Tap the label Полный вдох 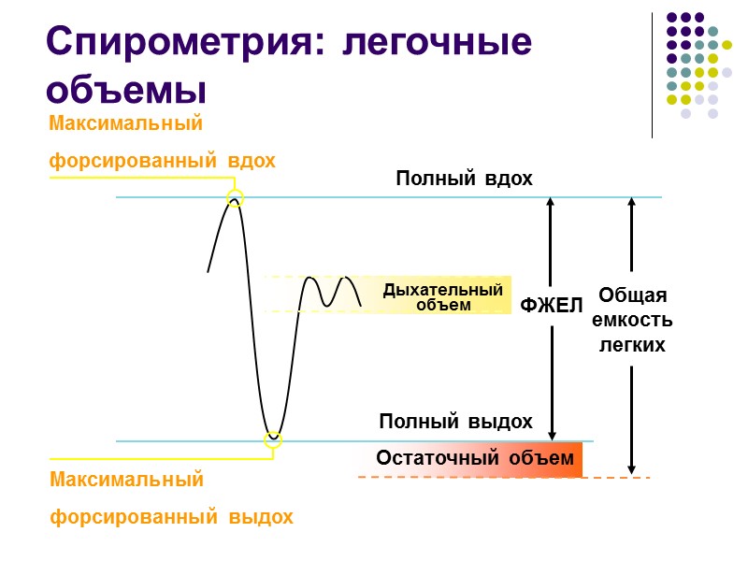464,179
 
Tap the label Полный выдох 455,422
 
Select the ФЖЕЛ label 552,306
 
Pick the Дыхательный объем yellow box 443,296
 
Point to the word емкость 632,320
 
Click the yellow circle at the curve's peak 235,198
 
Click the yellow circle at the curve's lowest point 273,439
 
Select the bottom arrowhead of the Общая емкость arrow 632,470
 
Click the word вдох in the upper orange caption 252,161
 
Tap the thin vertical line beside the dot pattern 652,75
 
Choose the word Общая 632,295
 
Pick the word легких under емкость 632,345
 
